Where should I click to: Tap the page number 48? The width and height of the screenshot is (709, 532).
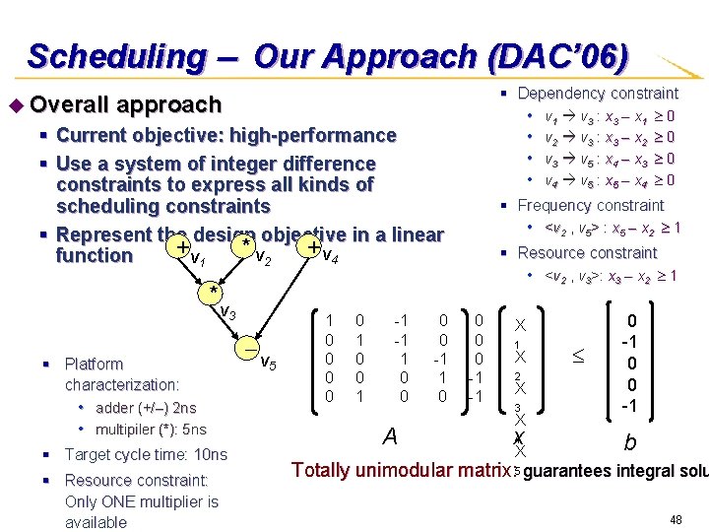pyautogui.click(x=676, y=519)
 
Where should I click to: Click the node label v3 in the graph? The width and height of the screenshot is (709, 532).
pyautogui.click(x=226, y=312)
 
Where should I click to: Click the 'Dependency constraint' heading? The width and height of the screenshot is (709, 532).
pyautogui.click(x=598, y=94)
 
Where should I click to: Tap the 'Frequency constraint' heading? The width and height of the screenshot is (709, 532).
pyautogui.click(x=591, y=206)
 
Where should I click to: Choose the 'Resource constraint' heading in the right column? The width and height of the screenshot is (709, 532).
pyautogui.click(x=587, y=253)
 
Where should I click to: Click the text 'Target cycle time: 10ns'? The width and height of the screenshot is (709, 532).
pyautogui.click(x=145, y=454)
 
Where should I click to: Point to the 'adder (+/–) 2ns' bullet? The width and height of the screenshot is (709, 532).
pyautogui.click(x=146, y=408)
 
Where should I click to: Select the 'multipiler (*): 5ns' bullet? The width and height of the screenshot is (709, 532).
pyautogui.click(x=151, y=430)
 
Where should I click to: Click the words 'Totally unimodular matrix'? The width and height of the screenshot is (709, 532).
pyautogui.click(x=400, y=470)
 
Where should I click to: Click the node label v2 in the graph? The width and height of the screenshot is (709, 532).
pyautogui.click(x=262, y=259)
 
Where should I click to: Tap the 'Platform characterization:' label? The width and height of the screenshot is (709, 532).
pyautogui.click(x=122, y=373)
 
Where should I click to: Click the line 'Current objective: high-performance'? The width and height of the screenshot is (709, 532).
pyautogui.click(x=226, y=135)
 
